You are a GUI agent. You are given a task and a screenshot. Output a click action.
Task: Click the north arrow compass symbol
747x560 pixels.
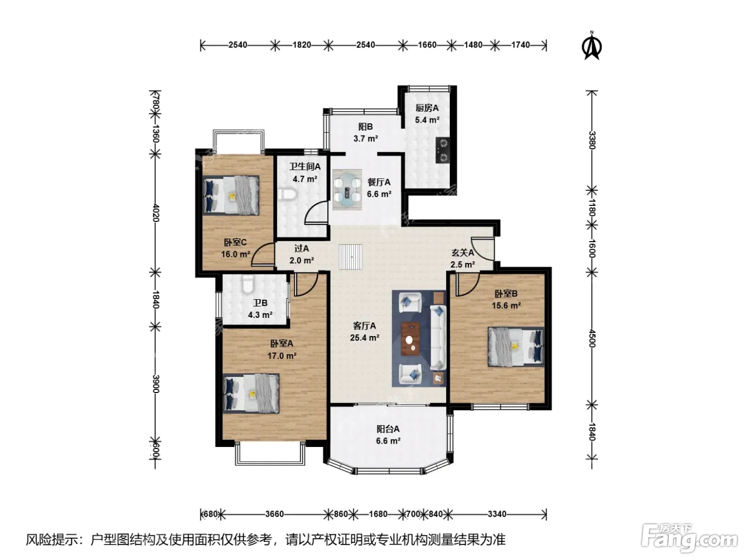pos(592,46)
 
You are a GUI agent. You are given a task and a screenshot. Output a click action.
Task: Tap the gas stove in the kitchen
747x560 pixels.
pos(443,150)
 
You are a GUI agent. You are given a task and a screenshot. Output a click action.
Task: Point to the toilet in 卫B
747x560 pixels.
pos(248,285)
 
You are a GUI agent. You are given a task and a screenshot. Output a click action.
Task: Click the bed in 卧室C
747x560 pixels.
pos(231,195)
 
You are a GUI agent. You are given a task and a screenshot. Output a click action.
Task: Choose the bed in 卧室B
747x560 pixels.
pos(516,347)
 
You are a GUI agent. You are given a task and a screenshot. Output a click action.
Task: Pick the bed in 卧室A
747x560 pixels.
pos(251,394)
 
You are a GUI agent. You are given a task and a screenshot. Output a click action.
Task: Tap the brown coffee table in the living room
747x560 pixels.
pos(411,339)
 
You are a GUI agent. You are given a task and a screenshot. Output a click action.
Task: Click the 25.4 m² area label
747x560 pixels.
pos(364,338)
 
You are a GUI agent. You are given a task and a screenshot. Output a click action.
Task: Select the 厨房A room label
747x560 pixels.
pos(427,108)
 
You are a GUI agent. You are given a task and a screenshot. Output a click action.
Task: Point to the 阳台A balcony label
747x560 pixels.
pos(388,429)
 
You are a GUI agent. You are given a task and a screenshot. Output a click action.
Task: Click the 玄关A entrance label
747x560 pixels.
pos(463,253)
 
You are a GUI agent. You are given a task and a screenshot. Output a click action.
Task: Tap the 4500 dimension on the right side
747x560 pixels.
pos(592,338)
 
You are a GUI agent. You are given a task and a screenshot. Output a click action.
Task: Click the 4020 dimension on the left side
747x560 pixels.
pos(155,212)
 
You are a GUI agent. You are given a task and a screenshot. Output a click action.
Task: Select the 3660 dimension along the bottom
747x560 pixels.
pos(275,514)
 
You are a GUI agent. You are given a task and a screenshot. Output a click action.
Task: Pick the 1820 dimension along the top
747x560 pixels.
pos(302,45)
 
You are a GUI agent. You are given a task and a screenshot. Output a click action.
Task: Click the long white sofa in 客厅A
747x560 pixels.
pos(438,337)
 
